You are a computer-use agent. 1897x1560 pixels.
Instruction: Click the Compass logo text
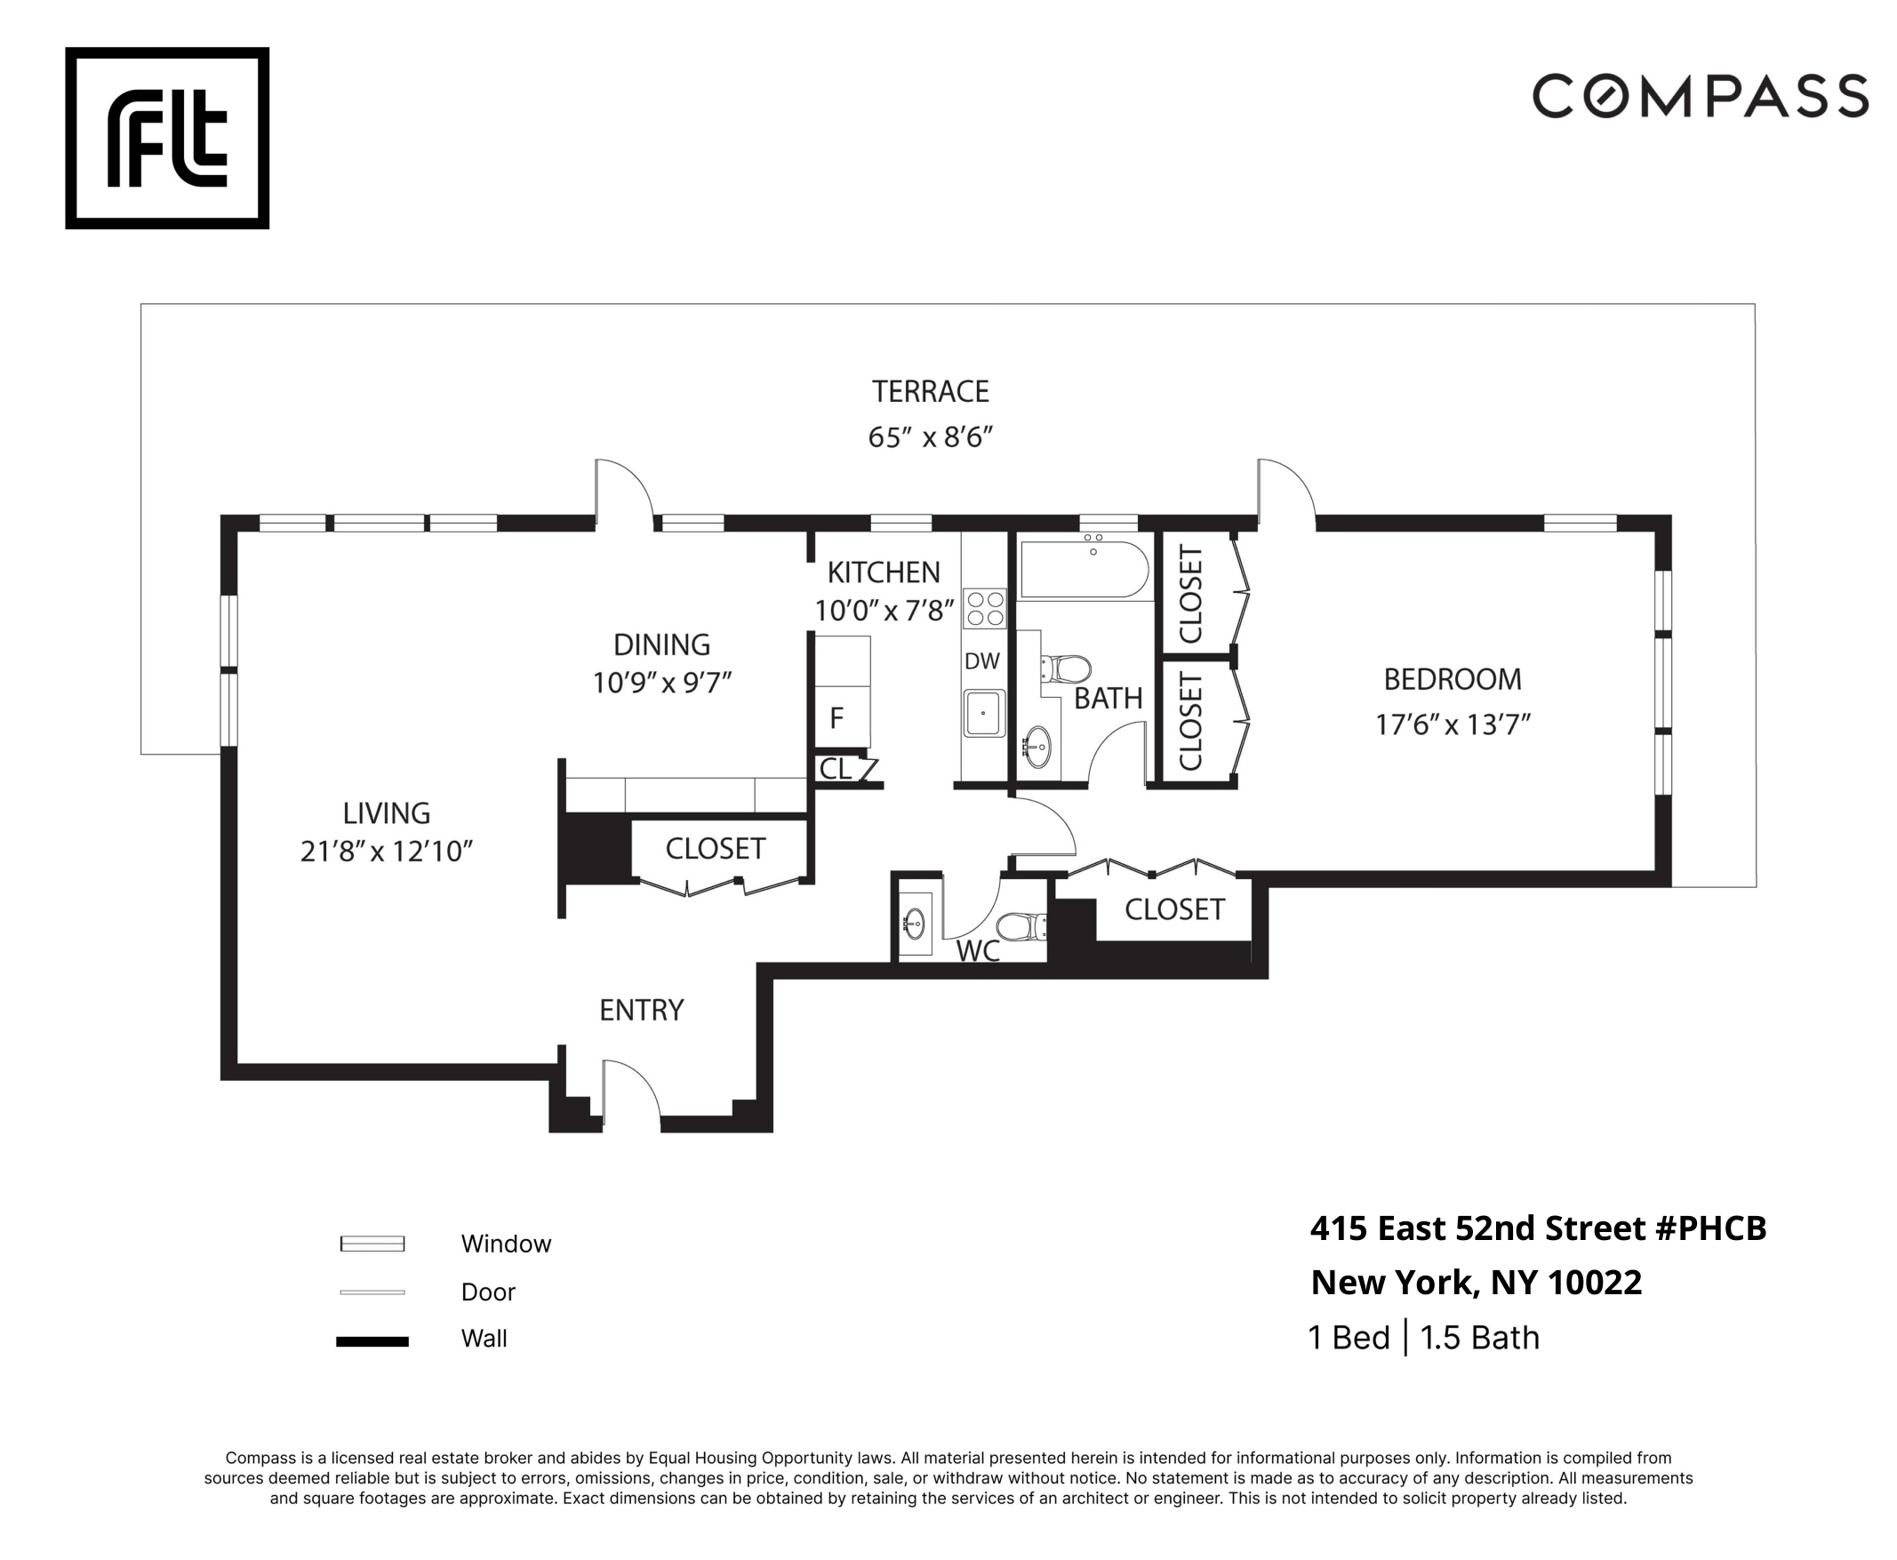coord(1700,96)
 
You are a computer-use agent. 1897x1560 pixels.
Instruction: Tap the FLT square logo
coord(167,138)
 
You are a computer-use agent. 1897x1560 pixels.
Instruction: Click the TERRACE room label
coord(929,392)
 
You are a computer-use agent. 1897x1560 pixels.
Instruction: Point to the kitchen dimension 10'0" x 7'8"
coord(884,611)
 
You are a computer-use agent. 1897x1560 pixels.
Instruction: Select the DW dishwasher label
coord(981,661)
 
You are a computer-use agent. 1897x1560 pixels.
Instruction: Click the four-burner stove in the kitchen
coord(984,608)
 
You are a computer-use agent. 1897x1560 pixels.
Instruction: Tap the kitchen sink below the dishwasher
coord(983,714)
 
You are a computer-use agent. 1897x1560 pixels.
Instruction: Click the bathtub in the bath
coord(1085,569)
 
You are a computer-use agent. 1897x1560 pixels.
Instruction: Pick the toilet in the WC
coord(1021,925)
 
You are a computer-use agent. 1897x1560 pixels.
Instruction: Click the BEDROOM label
coord(1452,679)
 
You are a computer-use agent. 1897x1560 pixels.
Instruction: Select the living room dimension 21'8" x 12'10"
coord(387,851)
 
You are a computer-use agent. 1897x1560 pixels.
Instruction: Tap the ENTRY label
coord(641,1010)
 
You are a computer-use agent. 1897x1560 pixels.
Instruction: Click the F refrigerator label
coord(836,718)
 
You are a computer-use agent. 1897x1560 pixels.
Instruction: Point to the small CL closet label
coord(834,768)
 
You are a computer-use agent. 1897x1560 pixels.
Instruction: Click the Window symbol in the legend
coord(372,1244)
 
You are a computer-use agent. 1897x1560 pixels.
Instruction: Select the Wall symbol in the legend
coord(372,1341)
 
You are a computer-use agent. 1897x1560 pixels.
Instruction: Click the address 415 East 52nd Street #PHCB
coord(1538,1228)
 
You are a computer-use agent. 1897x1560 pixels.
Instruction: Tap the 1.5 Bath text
coord(1479,1338)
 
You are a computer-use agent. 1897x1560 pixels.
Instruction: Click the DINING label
coord(661,645)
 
